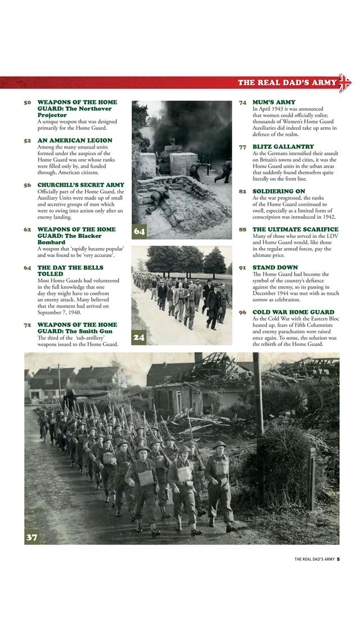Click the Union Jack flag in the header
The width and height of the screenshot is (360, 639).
point(344,83)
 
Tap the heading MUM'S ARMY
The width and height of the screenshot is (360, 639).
point(274,102)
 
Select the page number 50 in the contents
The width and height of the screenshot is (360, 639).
point(28,102)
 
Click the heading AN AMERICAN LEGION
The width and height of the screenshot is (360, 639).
point(75,140)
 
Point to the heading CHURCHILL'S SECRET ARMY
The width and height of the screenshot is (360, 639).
point(81,185)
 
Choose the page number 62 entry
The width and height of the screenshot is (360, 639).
point(28,229)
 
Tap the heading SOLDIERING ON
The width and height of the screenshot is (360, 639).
point(279,191)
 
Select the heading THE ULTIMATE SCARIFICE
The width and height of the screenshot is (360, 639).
point(295,229)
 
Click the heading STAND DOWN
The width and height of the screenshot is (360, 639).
point(275,268)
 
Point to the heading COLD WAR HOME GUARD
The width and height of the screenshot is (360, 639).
point(294,312)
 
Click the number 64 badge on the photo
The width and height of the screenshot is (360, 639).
point(139,231)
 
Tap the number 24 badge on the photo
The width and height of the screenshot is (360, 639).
point(139,337)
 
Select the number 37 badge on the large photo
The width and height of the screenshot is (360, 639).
point(32,537)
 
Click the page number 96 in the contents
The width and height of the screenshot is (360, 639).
point(242,312)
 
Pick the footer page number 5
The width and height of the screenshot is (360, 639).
point(339,559)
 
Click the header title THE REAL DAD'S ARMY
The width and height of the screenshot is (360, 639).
point(287,83)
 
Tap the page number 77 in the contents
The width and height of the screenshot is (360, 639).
point(242,147)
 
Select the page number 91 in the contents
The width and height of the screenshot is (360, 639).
point(242,268)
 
